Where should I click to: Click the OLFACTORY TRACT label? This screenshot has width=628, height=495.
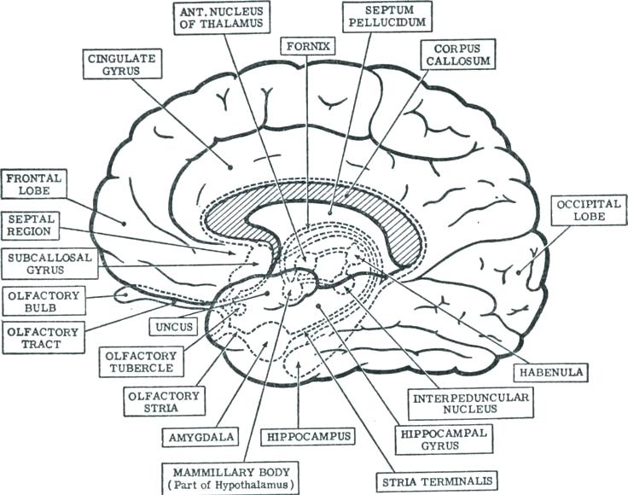43,339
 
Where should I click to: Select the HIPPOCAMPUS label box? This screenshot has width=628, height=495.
310,436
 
